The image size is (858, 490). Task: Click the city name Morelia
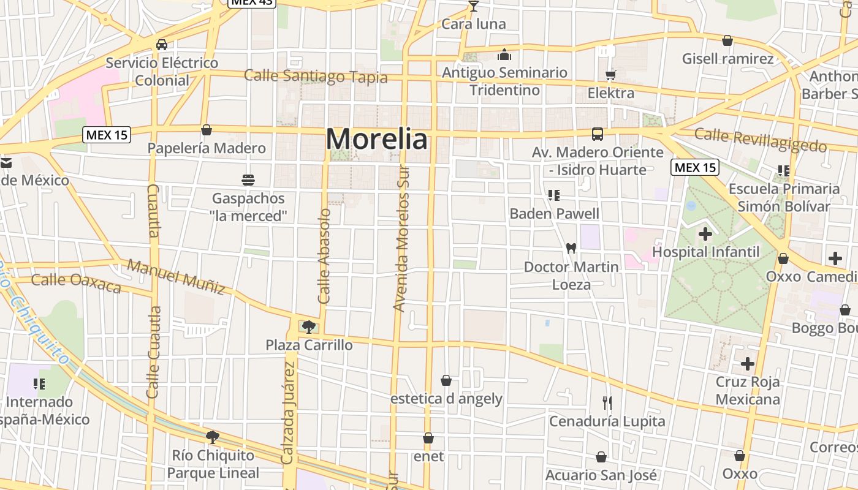376,139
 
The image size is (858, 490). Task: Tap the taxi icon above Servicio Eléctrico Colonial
162,45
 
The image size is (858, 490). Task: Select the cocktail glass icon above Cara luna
473,7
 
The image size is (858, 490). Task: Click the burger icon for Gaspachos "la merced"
248,180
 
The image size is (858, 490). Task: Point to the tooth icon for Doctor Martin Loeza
571,249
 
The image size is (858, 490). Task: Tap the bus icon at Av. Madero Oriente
597,134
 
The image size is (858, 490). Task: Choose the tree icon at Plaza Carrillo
309,326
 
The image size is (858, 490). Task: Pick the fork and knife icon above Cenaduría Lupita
607,403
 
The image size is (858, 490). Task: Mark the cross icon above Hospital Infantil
705,233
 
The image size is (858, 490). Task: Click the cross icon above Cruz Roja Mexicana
748,364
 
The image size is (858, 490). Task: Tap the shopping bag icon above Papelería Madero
207,130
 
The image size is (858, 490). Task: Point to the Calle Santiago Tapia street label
316,77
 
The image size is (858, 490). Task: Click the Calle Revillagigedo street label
761,140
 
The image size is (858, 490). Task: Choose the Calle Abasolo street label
324,255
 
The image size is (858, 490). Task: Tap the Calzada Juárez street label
288,412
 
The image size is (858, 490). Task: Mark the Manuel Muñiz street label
176,277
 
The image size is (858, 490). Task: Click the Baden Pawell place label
555,214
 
